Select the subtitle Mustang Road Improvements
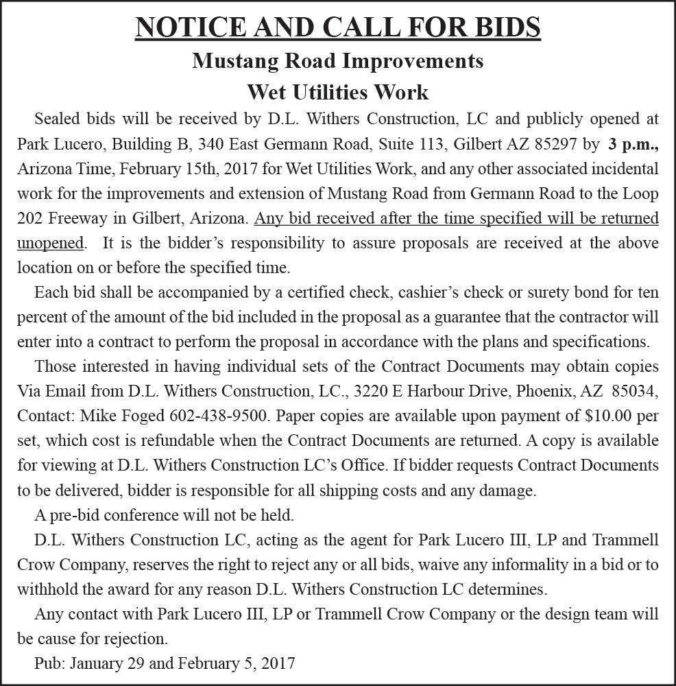(337, 60)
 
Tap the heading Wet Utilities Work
(337, 91)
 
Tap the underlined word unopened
(51, 243)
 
